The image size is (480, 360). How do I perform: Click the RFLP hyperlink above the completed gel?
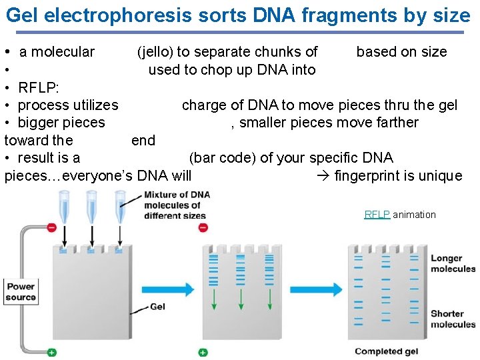(377, 215)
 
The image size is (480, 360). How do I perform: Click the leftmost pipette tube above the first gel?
(65, 207)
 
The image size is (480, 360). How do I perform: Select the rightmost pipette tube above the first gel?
(120, 207)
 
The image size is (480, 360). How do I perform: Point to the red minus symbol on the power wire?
(52, 228)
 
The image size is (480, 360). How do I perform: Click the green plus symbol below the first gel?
(52, 352)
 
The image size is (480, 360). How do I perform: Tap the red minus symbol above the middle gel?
(203, 227)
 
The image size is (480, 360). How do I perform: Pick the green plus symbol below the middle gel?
(203, 352)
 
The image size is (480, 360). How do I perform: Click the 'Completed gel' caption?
(387, 351)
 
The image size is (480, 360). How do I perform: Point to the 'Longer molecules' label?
(453, 263)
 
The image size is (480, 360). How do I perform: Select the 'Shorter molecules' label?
(453, 319)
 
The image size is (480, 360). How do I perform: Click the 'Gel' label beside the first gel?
(158, 307)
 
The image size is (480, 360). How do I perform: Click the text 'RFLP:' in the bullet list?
(38, 87)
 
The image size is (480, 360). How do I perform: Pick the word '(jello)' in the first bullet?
(155, 52)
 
